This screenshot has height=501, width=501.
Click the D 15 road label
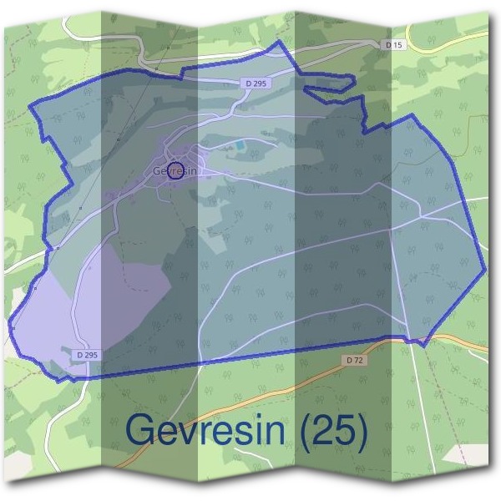click(x=395, y=43)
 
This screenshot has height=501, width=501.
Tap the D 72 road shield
click(x=353, y=359)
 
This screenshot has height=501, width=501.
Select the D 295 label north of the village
click(x=256, y=83)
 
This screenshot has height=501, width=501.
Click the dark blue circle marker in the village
click(x=175, y=171)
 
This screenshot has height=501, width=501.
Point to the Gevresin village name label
click(x=175, y=171)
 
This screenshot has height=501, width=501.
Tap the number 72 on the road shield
click(x=357, y=359)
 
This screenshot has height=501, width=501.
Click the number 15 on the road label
click(x=399, y=43)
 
